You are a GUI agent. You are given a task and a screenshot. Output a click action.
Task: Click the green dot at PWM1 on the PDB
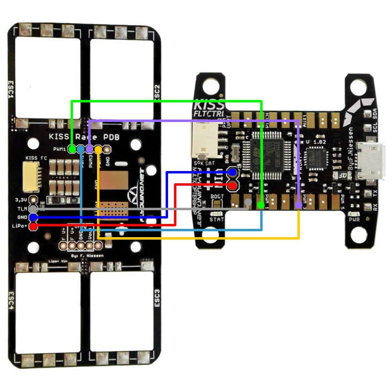click(72, 148)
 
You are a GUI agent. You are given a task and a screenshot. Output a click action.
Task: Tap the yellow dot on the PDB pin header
click(98, 148)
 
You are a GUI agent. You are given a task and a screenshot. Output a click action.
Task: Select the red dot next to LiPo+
click(33, 226)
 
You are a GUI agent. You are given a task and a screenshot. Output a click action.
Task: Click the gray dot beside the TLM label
click(33, 209)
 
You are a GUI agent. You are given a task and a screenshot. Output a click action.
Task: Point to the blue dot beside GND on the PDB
click(33, 217)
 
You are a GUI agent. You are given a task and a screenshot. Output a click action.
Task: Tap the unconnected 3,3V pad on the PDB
click(33, 200)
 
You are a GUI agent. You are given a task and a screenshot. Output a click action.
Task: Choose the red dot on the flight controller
click(232, 186)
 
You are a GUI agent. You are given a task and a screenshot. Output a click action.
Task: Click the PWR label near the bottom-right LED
click(354, 220)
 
